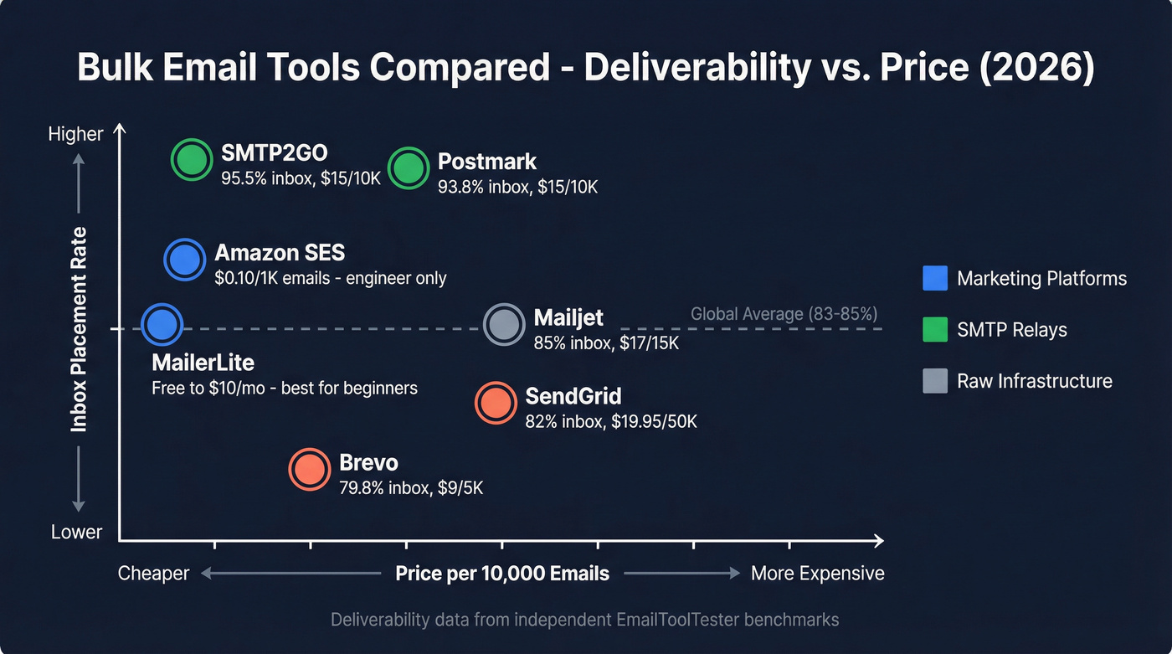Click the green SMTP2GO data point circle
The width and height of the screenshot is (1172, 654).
coord(193,159)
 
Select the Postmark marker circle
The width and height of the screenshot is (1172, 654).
coord(409,168)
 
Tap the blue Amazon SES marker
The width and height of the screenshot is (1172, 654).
coord(184,260)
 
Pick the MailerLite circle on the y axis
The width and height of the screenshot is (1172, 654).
coord(162,324)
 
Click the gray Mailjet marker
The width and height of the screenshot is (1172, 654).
coord(505,325)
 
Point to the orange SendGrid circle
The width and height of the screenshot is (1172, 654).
coord(496,403)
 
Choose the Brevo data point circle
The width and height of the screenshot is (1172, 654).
coord(310,470)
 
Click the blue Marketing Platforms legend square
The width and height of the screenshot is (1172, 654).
coord(934,279)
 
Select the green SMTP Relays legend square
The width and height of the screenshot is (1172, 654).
coord(934,330)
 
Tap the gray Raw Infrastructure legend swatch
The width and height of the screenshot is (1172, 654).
coord(934,381)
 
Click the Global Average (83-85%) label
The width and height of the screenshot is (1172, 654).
coord(784,314)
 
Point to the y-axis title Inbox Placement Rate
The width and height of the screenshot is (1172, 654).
coord(80,328)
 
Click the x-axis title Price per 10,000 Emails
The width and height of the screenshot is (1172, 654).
coord(502,574)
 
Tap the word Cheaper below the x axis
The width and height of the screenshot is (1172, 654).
coord(153,574)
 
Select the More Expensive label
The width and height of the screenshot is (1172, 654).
coord(817,574)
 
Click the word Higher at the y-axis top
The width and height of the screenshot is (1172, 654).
coord(75,134)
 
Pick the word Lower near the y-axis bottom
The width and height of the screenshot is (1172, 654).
coord(76,533)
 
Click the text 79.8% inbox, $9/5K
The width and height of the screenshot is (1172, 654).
coord(410,487)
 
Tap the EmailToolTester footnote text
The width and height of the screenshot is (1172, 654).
coord(584,621)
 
